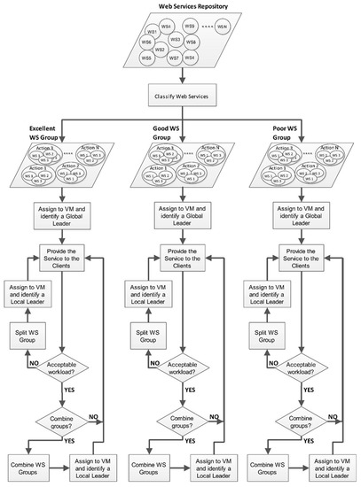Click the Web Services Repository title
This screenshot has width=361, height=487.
click(180, 6)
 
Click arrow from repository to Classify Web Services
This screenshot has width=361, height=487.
click(180, 76)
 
